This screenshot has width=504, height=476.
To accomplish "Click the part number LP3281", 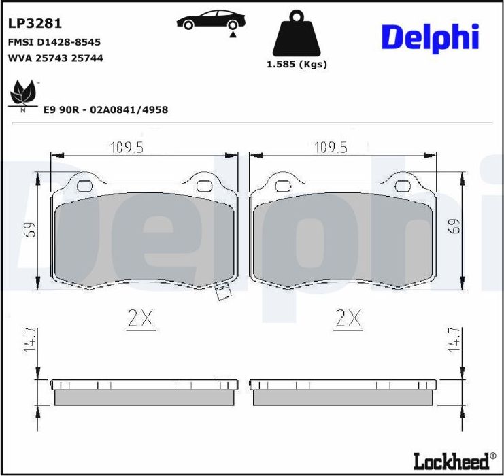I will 35,23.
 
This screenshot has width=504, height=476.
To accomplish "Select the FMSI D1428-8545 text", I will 54,42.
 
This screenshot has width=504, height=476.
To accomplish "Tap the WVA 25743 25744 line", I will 55,58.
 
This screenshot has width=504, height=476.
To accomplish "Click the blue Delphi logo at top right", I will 429,37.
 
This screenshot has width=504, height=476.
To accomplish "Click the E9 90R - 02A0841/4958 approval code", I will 105,109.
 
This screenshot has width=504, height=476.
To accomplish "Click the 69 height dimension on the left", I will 29,230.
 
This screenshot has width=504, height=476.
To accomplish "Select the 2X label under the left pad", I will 141,318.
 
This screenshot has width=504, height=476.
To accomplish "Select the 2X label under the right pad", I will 348,318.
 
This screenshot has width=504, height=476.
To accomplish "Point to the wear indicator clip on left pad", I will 222,293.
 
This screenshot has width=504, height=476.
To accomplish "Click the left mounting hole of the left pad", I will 85,186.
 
